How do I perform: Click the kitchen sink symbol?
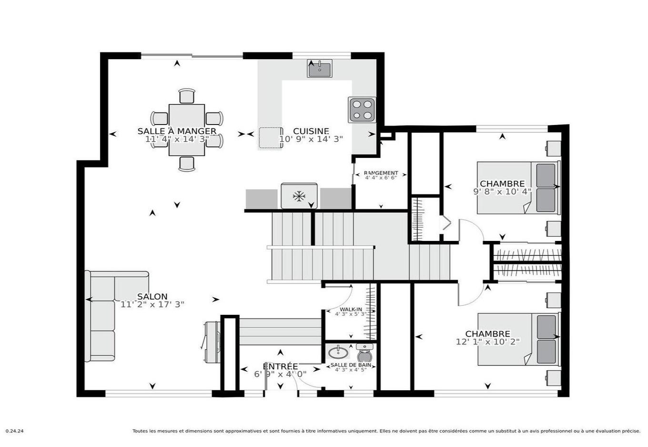tap(320, 69)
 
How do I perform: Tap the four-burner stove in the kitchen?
tap(362, 110)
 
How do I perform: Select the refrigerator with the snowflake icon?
tap(299, 196)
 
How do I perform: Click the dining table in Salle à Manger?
tap(187, 130)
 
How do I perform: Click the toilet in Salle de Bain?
tap(364, 355)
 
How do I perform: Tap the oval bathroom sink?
tap(338, 353)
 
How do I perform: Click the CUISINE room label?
tap(311, 131)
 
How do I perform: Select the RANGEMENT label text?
tap(381, 173)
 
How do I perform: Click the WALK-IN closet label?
tap(351, 309)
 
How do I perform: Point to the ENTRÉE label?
tap(280, 366)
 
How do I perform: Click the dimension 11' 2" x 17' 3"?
tap(152, 304)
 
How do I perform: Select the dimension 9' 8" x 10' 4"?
tap(502, 192)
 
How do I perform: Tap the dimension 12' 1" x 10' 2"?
tap(487, 342)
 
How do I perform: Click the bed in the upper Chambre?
tap(517, 188)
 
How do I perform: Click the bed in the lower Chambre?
tap(517, 339)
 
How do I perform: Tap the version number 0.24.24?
tap(14, 431)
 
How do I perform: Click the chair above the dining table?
tap(187, 96)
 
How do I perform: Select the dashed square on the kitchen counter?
tap(271, 138)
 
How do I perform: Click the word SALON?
tap(152, 296)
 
